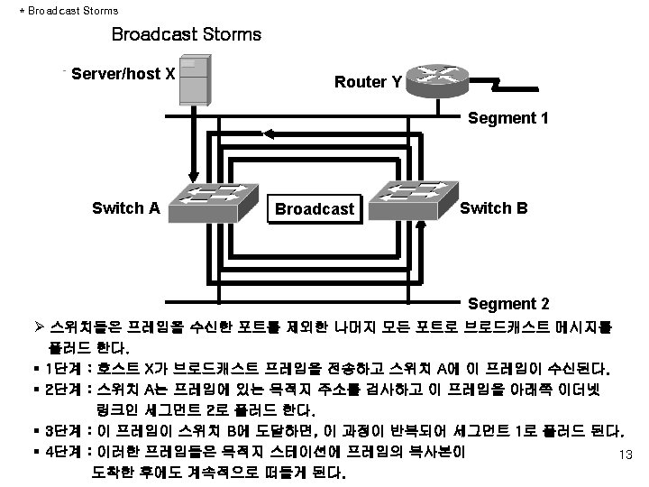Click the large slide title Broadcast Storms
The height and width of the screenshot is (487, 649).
click(186, 35)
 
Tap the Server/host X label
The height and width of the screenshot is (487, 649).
click(123, 73)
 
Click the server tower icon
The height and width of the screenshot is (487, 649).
click(194, 78)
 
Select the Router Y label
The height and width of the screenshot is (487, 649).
click(368, 82)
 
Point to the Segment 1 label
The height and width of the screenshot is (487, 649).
click(508, 118)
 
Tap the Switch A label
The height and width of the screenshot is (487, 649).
click(126, 208)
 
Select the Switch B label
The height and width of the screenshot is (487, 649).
click(494, 207)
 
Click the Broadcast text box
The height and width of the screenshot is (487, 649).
click(315, 209)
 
